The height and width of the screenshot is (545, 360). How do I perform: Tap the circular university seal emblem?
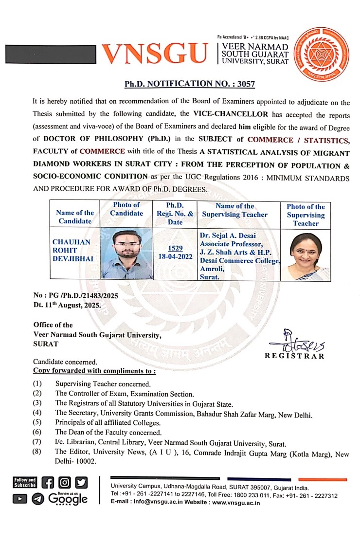(320, 53)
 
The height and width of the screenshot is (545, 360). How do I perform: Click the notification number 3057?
(246, 84)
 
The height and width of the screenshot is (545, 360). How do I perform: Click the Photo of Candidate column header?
(126, 209)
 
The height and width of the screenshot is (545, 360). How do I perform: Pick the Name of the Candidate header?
(75, 217)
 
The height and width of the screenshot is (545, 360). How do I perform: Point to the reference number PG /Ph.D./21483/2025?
(76, 295)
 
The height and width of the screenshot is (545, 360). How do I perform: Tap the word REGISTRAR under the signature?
(294, 356)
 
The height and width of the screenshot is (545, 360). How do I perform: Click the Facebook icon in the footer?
(48, 482)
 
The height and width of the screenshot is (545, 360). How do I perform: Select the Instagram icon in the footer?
(65, 482)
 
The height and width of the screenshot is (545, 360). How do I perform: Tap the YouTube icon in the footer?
(19, 499)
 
